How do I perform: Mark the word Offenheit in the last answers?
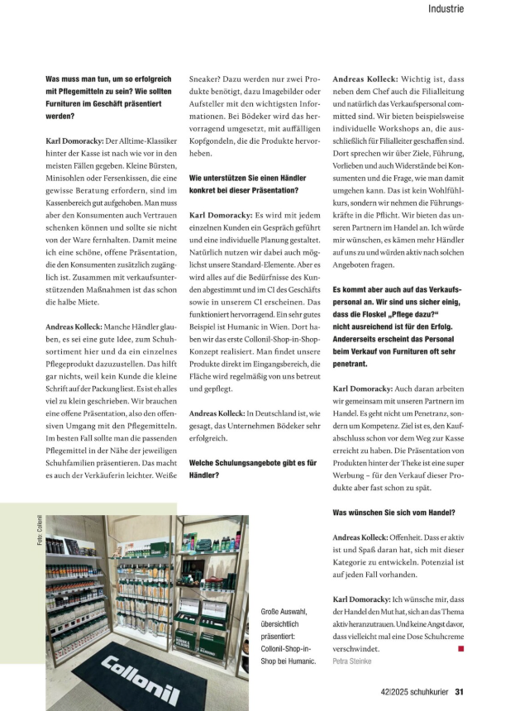(x=415, y=538)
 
